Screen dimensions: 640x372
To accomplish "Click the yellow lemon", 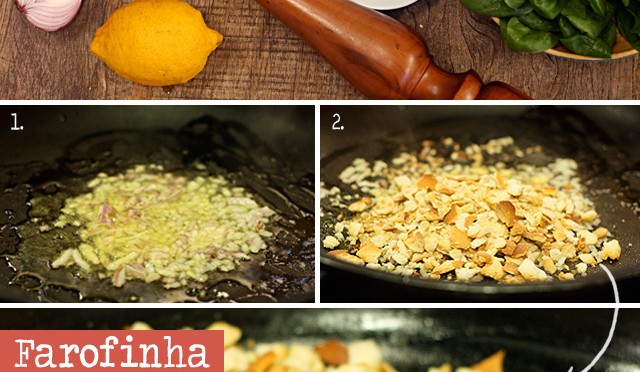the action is [x=156, y=42].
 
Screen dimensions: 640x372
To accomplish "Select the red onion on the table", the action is [x=48, y=13].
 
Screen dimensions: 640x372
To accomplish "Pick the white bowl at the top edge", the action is [x=384, y=4].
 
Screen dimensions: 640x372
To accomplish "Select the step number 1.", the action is [x=16, y=122].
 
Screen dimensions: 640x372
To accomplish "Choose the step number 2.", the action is [x=338, y=122].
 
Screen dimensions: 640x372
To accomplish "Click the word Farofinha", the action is [x=112, y=352].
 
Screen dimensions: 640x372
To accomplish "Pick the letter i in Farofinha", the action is [x=118, y=352].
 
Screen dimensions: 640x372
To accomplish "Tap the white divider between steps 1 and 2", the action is [x=317, y=204].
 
